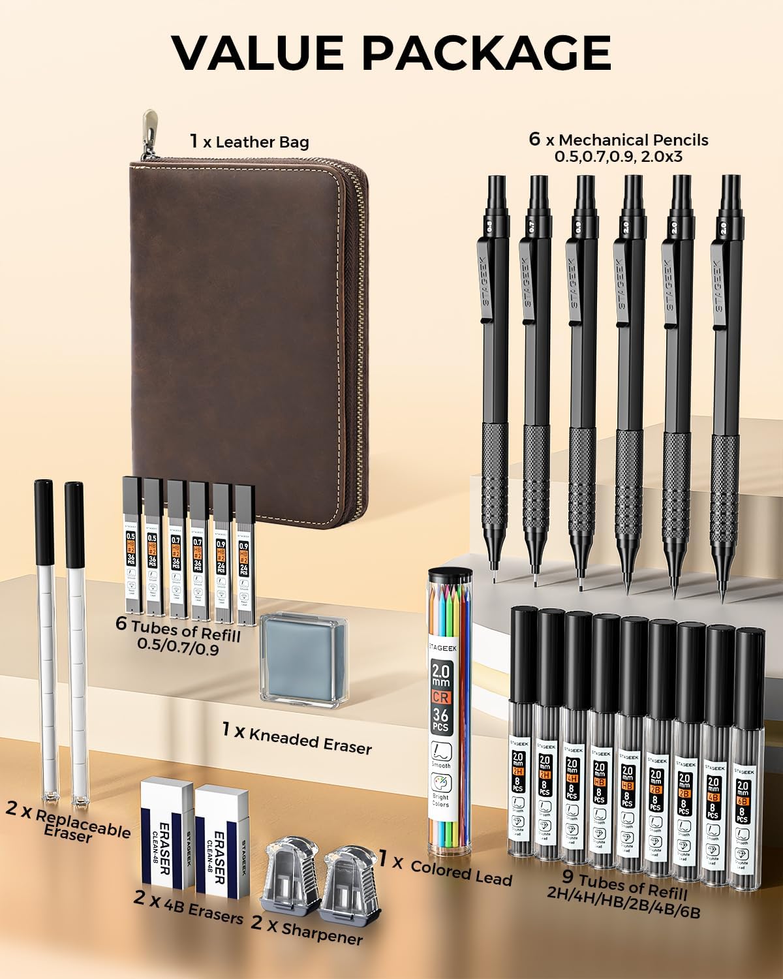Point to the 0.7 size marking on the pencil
(x=532, y=226)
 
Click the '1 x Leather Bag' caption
(x=249, y=142)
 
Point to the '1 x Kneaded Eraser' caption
(x=297, y=737)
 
